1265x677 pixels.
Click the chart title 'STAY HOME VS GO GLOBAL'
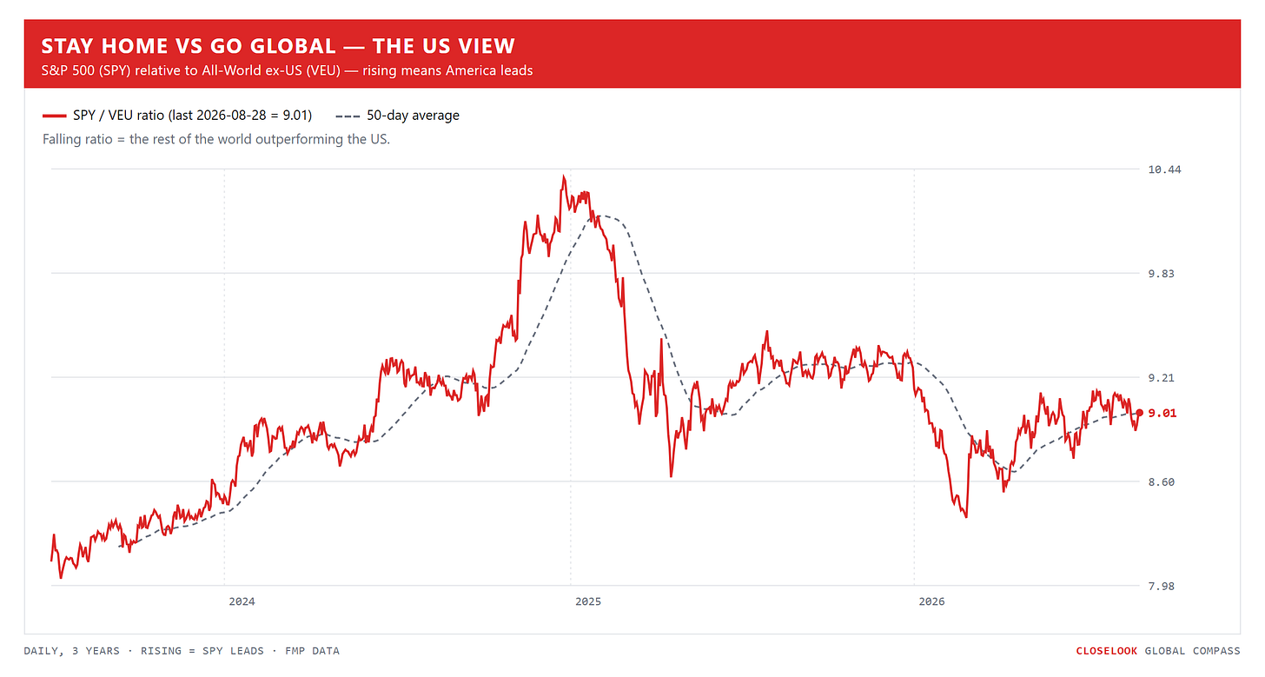189,46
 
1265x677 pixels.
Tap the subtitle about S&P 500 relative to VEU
287,70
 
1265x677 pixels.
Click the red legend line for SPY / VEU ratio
54,116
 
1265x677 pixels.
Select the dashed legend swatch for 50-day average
348,116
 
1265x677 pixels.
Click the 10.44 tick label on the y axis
1164,169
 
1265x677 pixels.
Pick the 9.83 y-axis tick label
1161,274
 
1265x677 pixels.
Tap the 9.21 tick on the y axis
1161,377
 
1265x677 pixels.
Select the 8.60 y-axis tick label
1161,482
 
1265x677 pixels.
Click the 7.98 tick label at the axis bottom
1161,586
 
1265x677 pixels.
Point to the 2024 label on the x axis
242,601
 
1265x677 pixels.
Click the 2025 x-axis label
588,601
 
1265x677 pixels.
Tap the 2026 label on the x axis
931,601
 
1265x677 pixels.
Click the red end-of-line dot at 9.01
1139,413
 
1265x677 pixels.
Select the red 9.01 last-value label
1162,413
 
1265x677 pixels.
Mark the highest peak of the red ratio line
563,176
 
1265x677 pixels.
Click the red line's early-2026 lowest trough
966,516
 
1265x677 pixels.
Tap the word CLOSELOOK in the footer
1106,651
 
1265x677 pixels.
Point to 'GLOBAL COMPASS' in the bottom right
1192,651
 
